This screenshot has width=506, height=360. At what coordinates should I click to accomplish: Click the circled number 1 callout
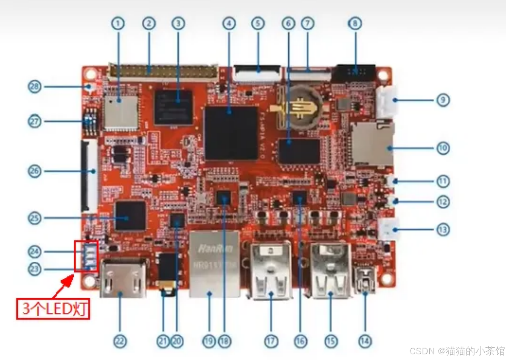pos(118,23)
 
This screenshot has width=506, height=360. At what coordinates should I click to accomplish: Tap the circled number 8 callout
pos(355,23)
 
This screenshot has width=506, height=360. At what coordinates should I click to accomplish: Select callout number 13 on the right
pos(443,230)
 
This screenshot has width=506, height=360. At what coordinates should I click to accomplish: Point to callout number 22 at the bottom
pos(120,341)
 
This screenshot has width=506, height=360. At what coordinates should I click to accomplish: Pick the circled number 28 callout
pos(35,87)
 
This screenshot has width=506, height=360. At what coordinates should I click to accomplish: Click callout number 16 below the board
pos(300,341)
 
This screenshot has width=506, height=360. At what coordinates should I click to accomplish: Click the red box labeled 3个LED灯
pos(53,309)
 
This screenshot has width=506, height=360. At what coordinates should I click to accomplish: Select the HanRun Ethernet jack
pos(215,264)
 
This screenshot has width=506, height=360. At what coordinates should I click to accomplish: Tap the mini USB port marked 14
pos(365,280)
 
